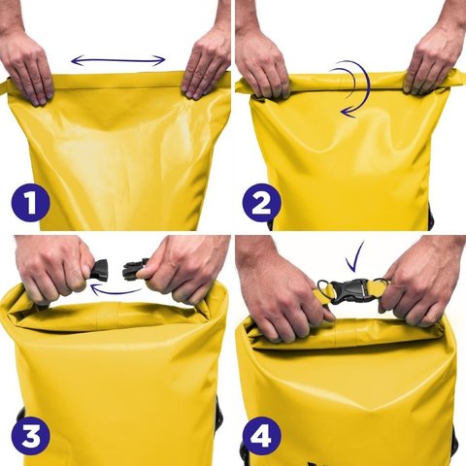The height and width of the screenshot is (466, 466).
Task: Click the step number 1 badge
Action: click(x=30, y=203)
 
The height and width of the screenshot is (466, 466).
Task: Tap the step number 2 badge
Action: click(x=261, y=203)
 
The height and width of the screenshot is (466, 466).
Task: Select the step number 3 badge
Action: click(x=30, y=436)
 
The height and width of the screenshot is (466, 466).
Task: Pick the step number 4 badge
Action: click(x=261, y=436)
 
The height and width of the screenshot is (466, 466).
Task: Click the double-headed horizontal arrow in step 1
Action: click(x=118, y=60)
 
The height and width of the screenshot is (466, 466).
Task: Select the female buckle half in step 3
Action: click(x=98, y=269)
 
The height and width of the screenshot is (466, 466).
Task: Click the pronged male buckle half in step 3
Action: click(x=135, y=269)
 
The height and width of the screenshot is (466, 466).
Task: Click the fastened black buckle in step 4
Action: click(x=350, y=290)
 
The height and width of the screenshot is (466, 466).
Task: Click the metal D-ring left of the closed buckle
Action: click(x=323, y=287)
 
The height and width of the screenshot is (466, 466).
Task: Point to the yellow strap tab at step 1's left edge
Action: click(x=5, y=85)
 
